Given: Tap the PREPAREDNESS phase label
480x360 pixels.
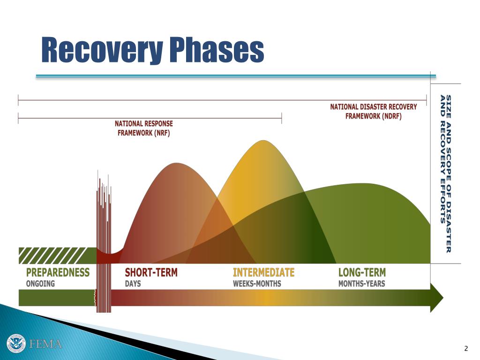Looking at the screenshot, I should point(58,272).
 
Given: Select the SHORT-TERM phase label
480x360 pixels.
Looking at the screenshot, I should point(151,272).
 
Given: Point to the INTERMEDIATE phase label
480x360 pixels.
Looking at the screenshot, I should point(264,272).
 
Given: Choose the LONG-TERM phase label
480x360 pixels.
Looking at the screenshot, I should point(362,272).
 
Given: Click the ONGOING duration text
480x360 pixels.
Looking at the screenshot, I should point(40,284).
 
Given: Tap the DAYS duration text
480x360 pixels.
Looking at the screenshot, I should point(133,284).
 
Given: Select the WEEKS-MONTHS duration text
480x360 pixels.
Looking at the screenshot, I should point(257,284).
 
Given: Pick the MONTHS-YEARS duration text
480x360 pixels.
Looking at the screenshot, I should point(361,284).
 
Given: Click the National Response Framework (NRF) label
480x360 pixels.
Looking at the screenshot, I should point(144,128).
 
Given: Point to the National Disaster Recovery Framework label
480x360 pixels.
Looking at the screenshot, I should point(373,112).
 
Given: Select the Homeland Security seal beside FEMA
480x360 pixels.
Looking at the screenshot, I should point(16,344).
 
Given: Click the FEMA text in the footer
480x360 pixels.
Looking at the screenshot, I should point(45,344).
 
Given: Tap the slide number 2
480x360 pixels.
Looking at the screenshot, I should point(465,348).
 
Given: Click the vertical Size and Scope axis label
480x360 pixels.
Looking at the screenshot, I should point(445,173).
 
